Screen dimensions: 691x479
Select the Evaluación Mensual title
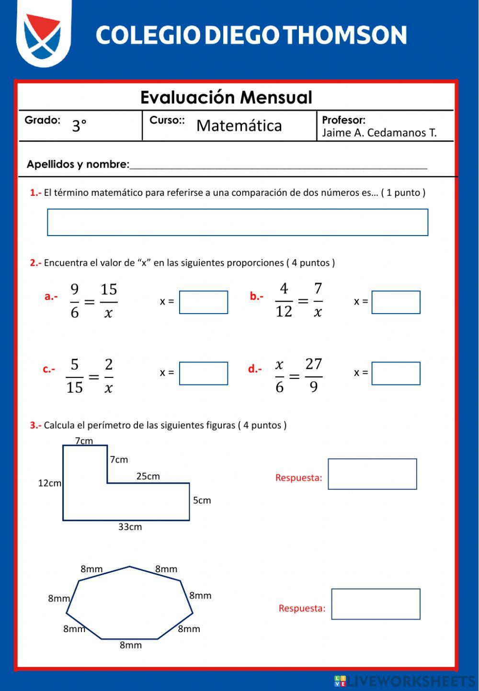[x=226, y=97]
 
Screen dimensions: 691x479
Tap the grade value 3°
[x=80, y=126]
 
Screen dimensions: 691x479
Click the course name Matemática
[x=239, y=125]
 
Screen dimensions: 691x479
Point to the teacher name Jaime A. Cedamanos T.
[x=379, y=133]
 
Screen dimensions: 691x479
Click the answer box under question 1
[x=237, y=222]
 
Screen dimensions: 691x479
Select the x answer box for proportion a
[x=204, y=302]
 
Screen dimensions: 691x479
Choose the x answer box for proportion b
[x=396, y=302]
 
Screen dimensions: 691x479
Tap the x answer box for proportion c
[x=204, y=373]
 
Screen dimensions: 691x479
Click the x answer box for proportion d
[x=396, y=373]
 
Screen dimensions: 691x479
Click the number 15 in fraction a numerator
[x=109, y=289]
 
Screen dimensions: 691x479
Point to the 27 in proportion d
[x=314, y=364]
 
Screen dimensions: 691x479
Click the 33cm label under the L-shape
[x=130, y=527]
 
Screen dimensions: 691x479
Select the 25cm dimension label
[x=148, y=476]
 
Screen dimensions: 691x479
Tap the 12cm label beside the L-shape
[x=50, y=483]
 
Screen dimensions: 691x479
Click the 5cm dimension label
[x=202, y=500]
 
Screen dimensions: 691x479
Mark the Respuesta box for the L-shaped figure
[x=372, y=474]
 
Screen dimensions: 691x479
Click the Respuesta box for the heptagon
[x=376, y=604]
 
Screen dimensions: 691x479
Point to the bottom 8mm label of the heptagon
[x=131, y=645]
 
